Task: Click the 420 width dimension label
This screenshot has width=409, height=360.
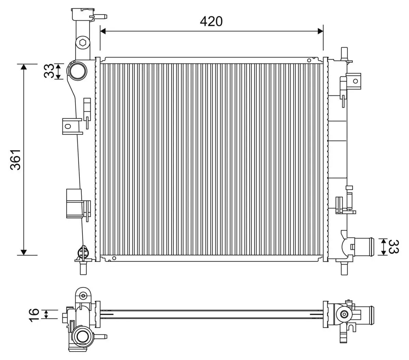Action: (x=211, y=21)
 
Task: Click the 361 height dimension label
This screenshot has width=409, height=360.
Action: (x=16, y=159)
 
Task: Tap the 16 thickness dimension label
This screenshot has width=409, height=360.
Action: (x=34, y=314)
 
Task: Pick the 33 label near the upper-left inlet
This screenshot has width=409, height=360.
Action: (x=49, y=71)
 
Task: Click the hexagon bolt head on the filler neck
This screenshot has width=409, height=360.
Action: (x=82, y=43)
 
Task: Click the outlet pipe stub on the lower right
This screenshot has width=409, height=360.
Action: (x=365, y=247)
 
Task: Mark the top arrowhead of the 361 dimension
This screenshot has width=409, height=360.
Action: (x=24, y=67)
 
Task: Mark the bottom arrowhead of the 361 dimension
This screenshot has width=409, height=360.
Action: (x=24, y=252)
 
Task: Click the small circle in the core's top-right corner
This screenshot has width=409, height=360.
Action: (x=309, y=61)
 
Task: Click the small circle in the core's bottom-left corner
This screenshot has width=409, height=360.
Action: (x=114, y=258)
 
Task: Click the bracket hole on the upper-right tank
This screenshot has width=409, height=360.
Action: (x=355, y=81)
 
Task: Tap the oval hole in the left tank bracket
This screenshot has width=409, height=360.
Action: (x=68, y=126)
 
